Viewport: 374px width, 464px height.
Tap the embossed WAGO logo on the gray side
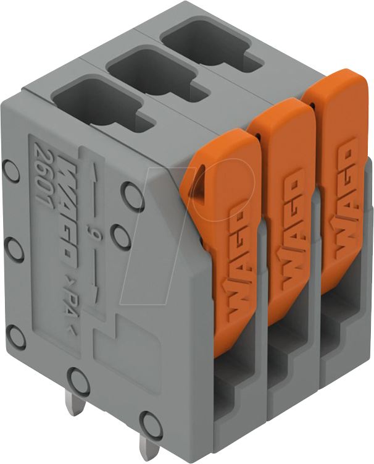pos(69,210)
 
